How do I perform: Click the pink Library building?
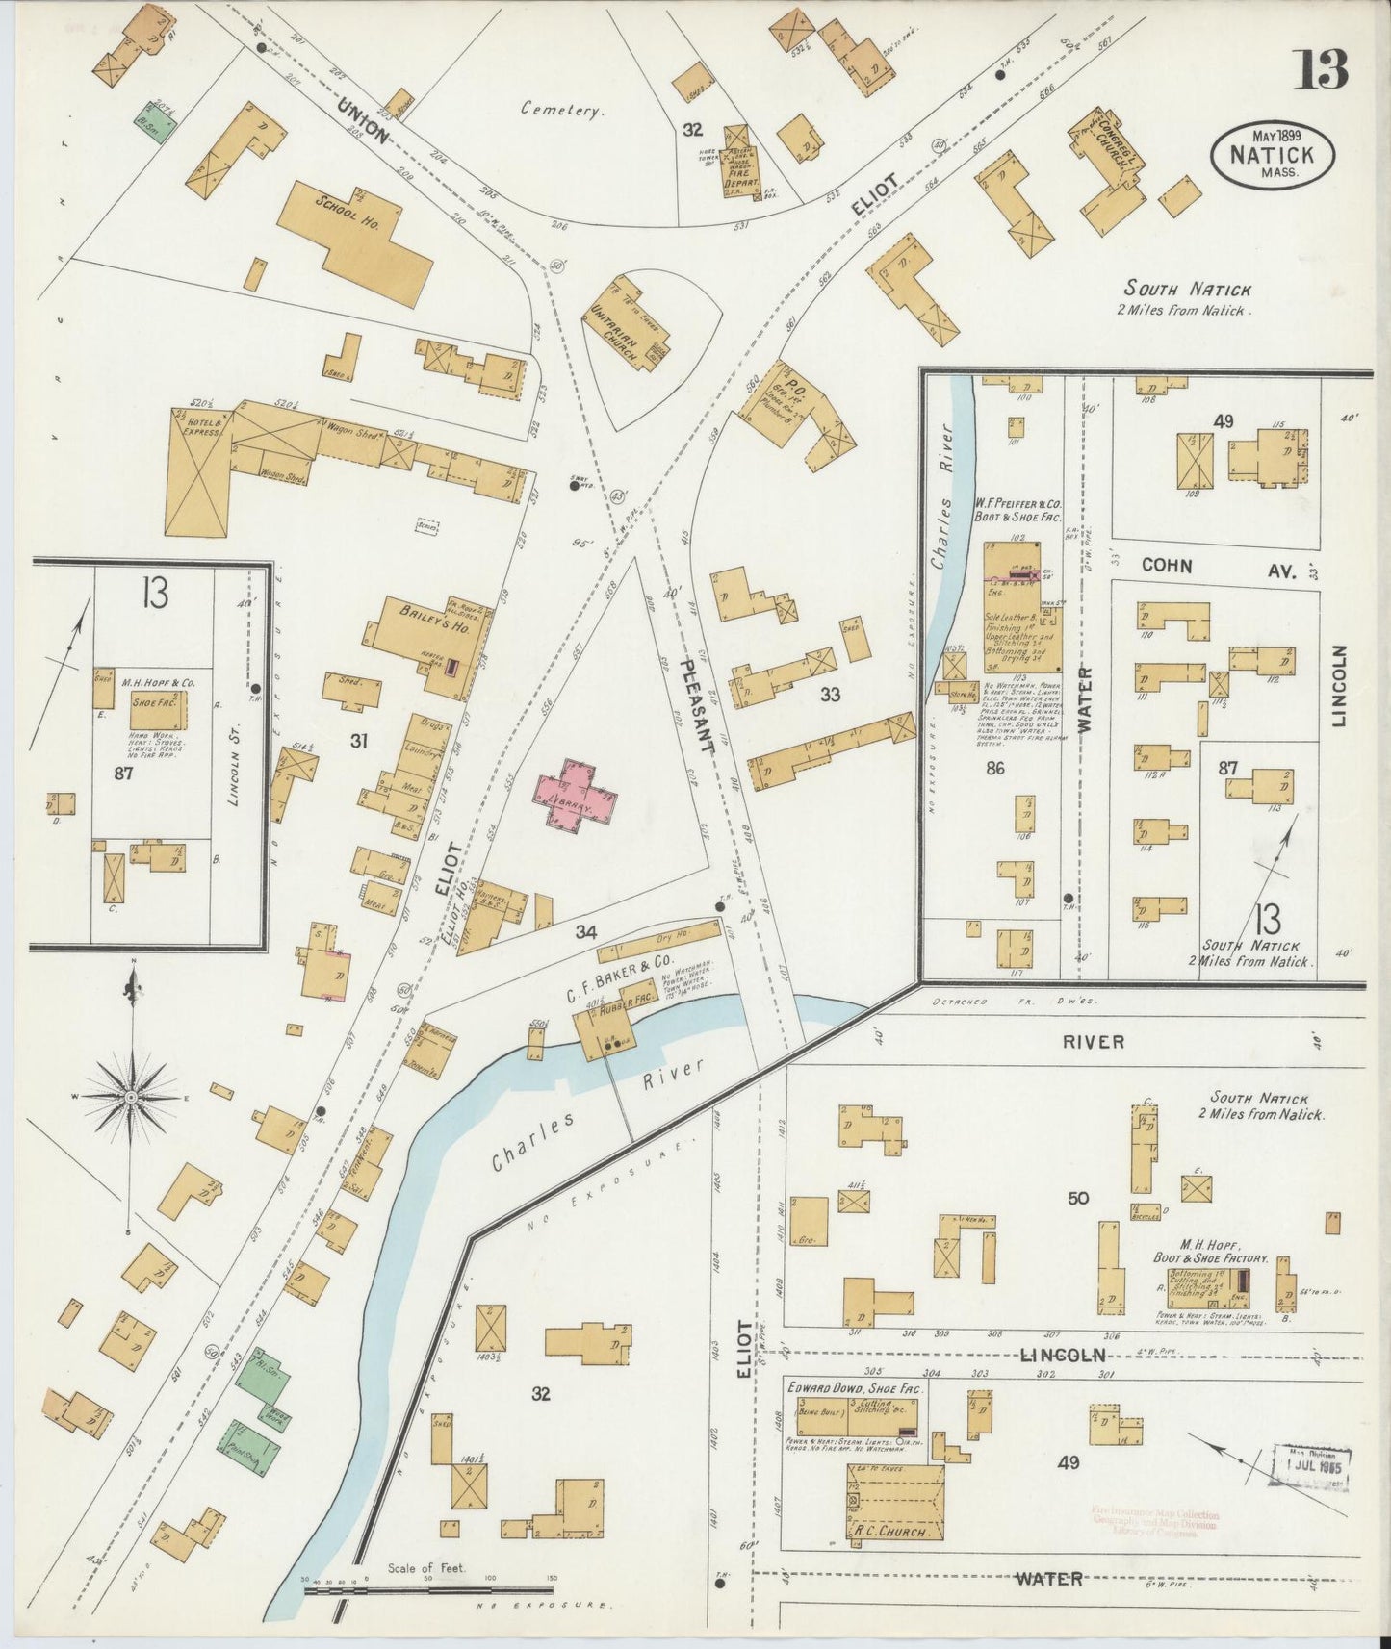click(576, 795)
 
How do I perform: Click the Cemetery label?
click(563, 110)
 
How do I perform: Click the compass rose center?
click(131, 1096)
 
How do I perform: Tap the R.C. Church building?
click(895, 1503)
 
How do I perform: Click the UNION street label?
click(363, 121)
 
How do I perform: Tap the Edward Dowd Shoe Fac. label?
click(855, 1389)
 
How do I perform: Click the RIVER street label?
click(1094, 1041)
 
